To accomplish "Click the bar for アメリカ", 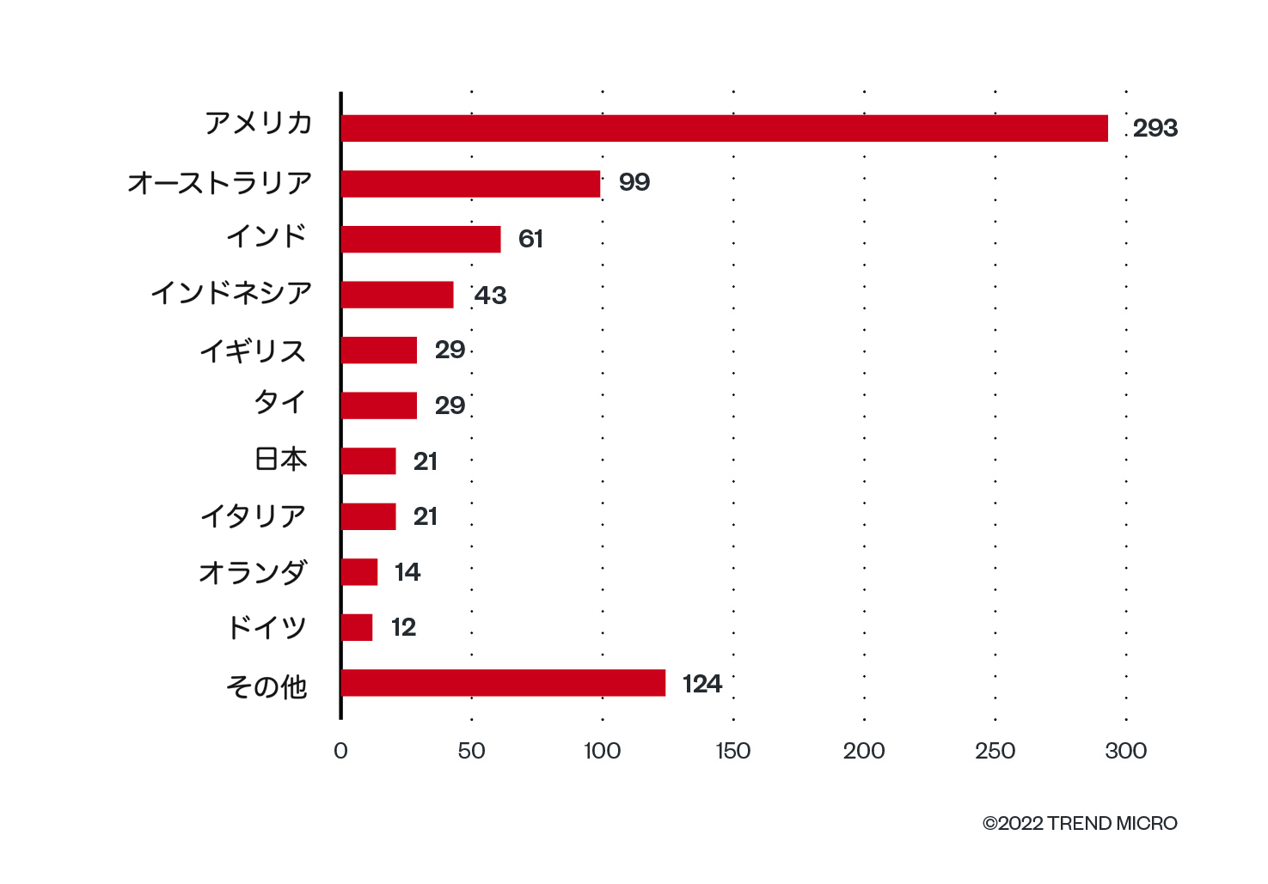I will coord(724,128).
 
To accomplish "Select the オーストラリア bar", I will coord(470,184).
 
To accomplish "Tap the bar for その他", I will coord(503,683).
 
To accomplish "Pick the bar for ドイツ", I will coord(357,627).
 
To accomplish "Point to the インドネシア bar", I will coord(397,295).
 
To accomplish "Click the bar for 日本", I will coord(369,461).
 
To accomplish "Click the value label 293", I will coord(1155,128).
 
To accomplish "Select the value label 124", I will coord(701,684).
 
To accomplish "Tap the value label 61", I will coord(530,239).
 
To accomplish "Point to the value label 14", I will coord(407,572).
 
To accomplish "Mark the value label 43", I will coord(491,296).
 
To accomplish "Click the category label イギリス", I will coord(253,351).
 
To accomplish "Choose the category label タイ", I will coord(279,402).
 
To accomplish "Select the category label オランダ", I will coord(253,572).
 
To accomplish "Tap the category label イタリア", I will coord(253,516).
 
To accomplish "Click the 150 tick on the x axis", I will coord(733,751).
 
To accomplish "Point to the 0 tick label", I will coord(340,751).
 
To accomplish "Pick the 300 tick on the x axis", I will coord(1126,751).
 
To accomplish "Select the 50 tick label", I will coord(471,751).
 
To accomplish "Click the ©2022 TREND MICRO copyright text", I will coord(1080,823).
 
